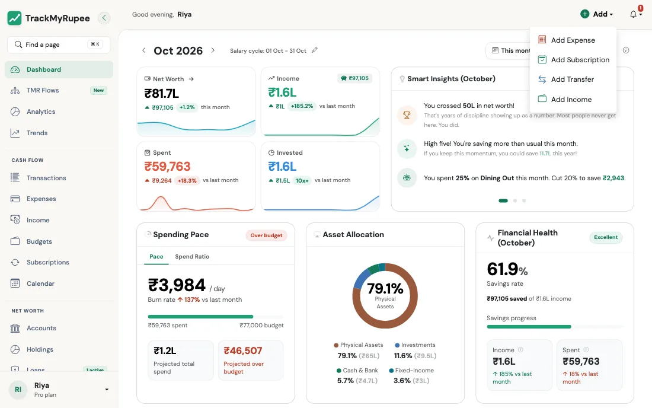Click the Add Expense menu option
coord(566,40)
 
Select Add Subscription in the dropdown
coord(573,59)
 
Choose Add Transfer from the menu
coord(566,79)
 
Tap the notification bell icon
coord(633,14)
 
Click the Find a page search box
coord(59,44)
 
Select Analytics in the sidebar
coord(41,111)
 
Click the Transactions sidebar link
coord(46,177)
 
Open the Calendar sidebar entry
coord(40,283)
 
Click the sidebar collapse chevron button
coord(104,18)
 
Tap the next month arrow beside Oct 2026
coord(213,50)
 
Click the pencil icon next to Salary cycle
coord(315,50)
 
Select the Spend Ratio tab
coord(192,257)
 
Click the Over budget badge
coord(266,235)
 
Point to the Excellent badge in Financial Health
coord(606,237)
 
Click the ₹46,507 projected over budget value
coord(243,350)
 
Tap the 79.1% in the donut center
coord(385,288)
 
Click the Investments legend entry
coord(415,345)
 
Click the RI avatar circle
coord(18,390)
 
